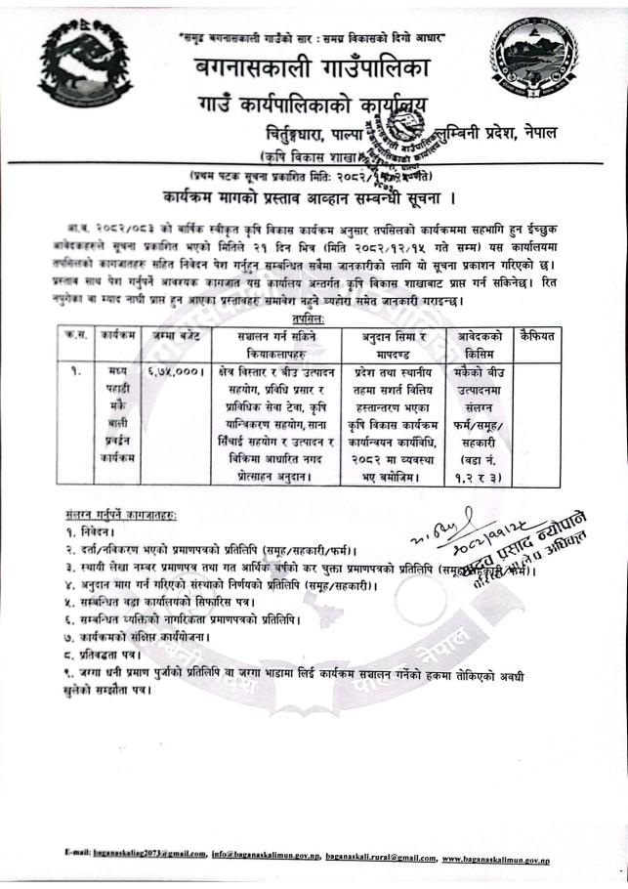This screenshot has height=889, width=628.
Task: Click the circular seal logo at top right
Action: (533, 60)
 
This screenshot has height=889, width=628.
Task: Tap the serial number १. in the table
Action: (74, 372)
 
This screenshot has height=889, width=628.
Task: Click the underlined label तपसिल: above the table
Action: (310, 318)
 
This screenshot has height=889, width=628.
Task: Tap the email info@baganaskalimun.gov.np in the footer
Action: (265, 857)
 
